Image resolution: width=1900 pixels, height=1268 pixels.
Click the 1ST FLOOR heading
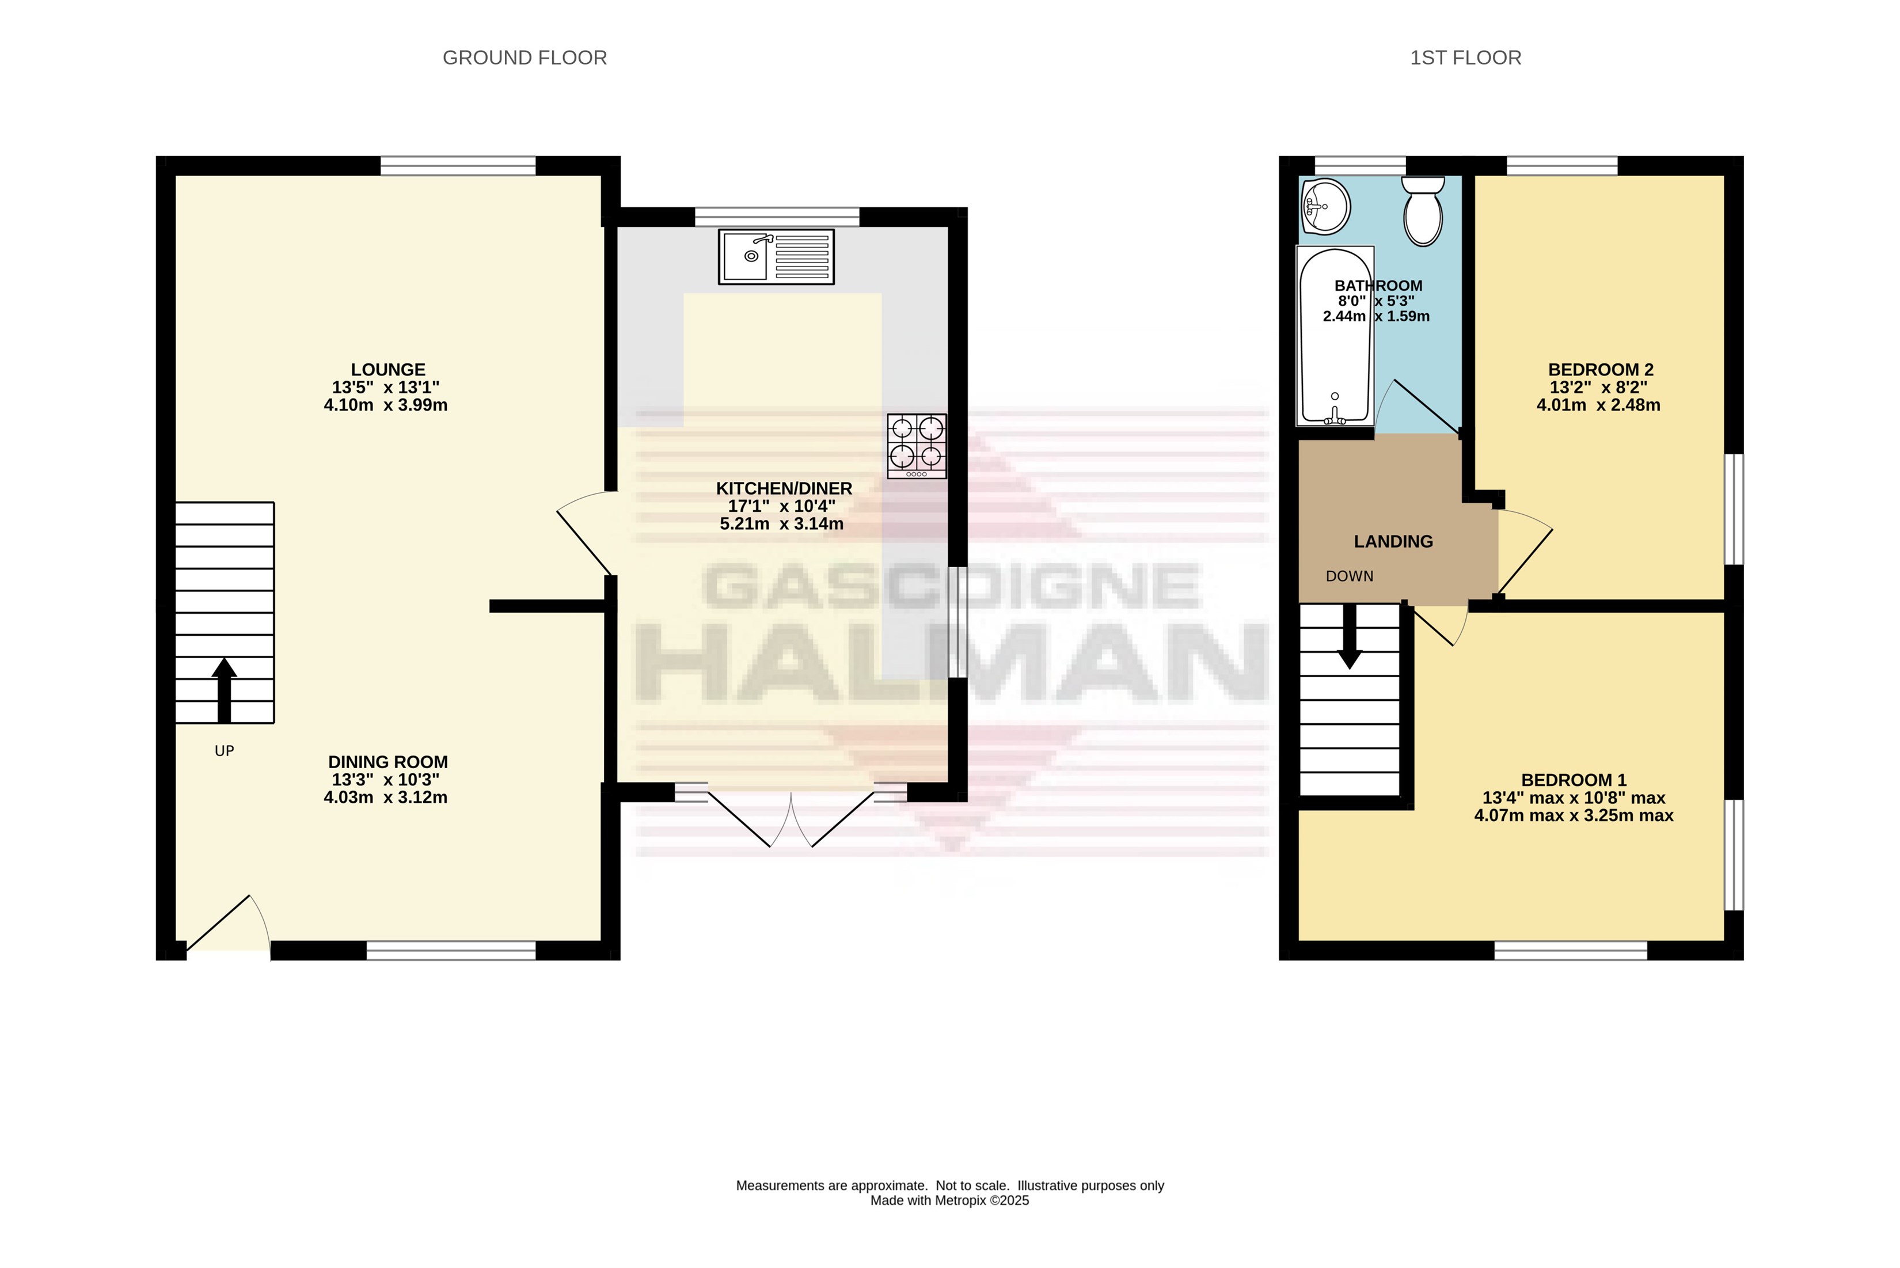click(x=1466, y=58)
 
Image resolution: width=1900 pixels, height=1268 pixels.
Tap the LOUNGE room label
click(x=388, y=370)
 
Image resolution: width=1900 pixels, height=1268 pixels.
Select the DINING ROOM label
click(x=388, y=762)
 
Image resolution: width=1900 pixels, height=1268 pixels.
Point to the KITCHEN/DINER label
click(x=784, y=488)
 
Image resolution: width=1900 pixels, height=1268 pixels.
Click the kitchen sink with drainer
click(x=776, y=257)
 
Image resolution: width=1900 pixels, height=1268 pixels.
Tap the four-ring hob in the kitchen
click(x=917, y=446)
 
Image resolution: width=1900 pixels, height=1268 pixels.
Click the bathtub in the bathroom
click(x=1335, y=336)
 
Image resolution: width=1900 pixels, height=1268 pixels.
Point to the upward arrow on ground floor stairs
click(x=224, y=690)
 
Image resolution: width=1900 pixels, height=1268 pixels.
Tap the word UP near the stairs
click(x=225, y=751)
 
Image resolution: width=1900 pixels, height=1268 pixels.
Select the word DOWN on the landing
click(x=1350, y=576)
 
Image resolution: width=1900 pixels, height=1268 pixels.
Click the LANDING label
click(x=1394, y=542)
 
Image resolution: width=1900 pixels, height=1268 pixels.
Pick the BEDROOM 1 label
click(x=1574, y=780)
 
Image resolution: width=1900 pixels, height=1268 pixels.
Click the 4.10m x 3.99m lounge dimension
click(x=386, y=405)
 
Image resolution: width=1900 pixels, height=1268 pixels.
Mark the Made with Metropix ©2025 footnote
click(x=950, y=1201)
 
